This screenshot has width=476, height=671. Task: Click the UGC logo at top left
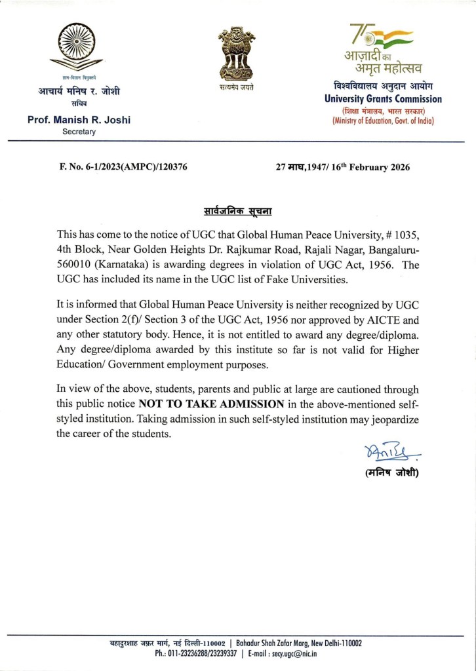coord(79,47)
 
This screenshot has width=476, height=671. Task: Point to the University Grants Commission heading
coord(384,99)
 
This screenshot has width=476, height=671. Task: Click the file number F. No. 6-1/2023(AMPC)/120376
coord(124,167)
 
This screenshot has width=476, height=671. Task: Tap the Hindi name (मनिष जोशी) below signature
coord(391,473)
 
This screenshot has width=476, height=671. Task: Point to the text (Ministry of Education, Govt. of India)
coord(384,121)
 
